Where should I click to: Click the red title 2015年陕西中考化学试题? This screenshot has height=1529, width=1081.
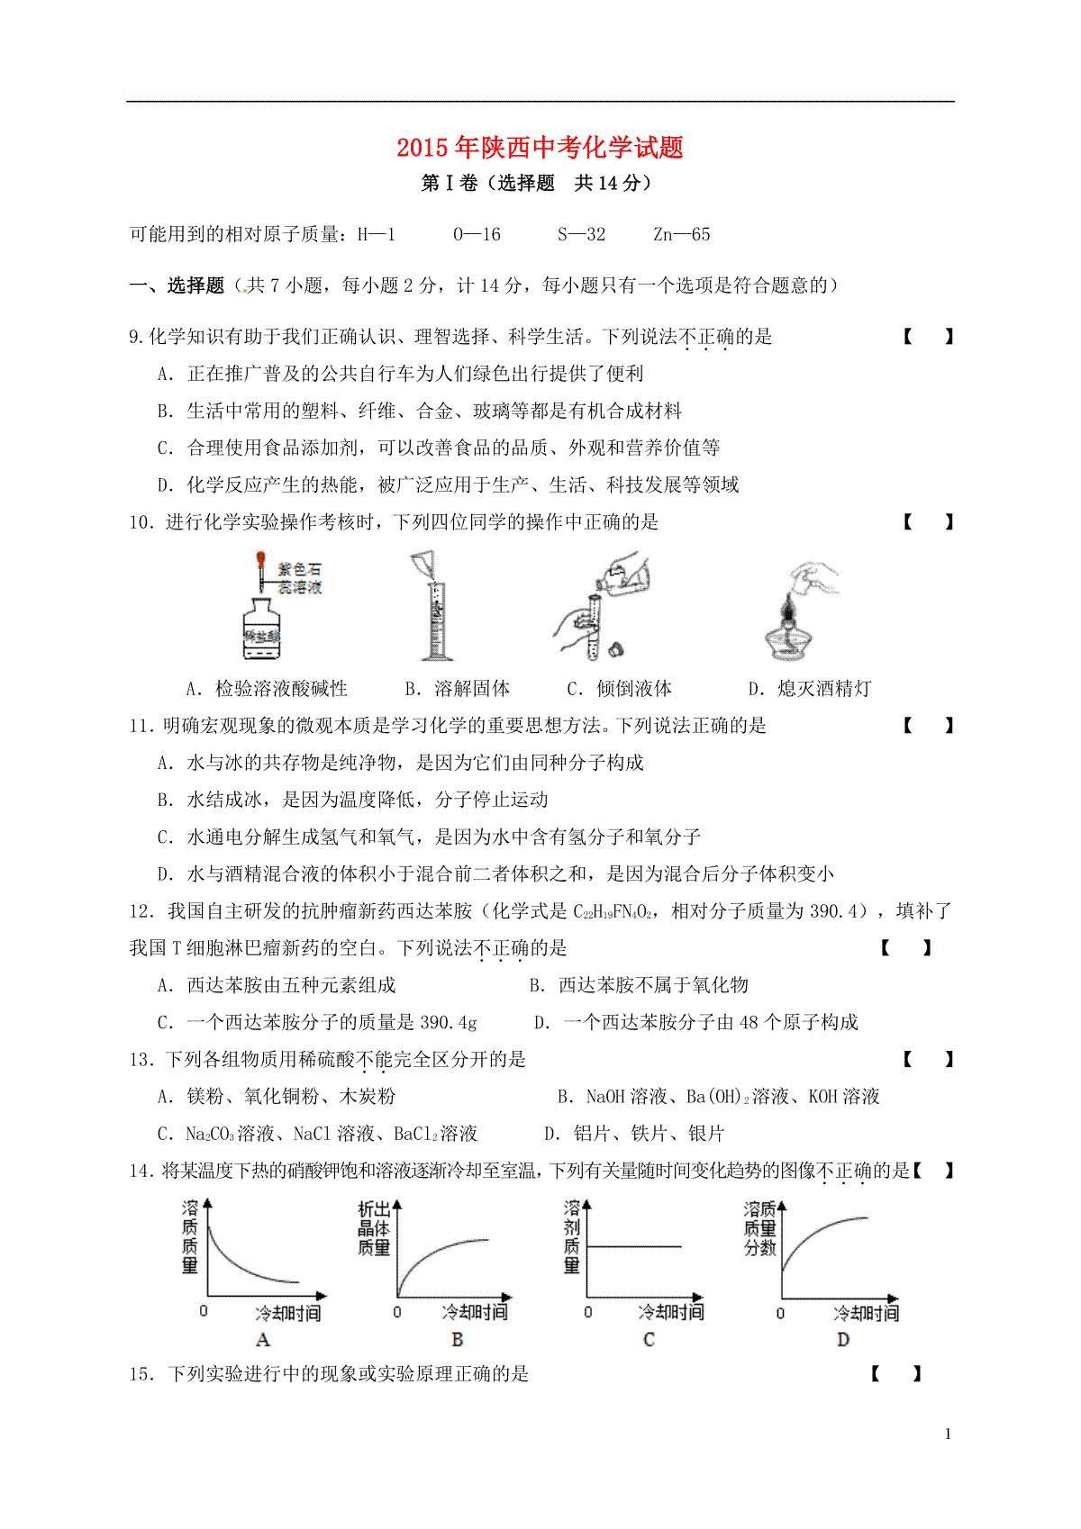pos(540,148)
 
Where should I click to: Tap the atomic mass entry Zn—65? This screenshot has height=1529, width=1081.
pos(682,235)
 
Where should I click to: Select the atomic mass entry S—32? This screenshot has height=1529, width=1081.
pos(581,235)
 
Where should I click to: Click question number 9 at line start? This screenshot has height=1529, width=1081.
pos(136,338)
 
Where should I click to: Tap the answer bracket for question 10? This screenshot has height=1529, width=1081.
pos(928,522)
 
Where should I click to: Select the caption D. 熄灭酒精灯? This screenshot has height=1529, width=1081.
pos(810,689)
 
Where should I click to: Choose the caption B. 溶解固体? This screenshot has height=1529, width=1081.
pos(458,689)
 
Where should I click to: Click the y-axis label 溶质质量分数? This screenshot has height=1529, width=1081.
pos(760,1228)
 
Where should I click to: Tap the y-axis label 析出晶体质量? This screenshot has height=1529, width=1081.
pos(374,1228)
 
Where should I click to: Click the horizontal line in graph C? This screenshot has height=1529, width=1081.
pos(635,1246)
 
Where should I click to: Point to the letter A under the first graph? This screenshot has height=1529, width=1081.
pos(263,1340)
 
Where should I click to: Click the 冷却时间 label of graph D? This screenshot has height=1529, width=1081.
pos(866,1313)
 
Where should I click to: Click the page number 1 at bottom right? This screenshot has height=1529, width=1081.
pos(948,1434)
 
